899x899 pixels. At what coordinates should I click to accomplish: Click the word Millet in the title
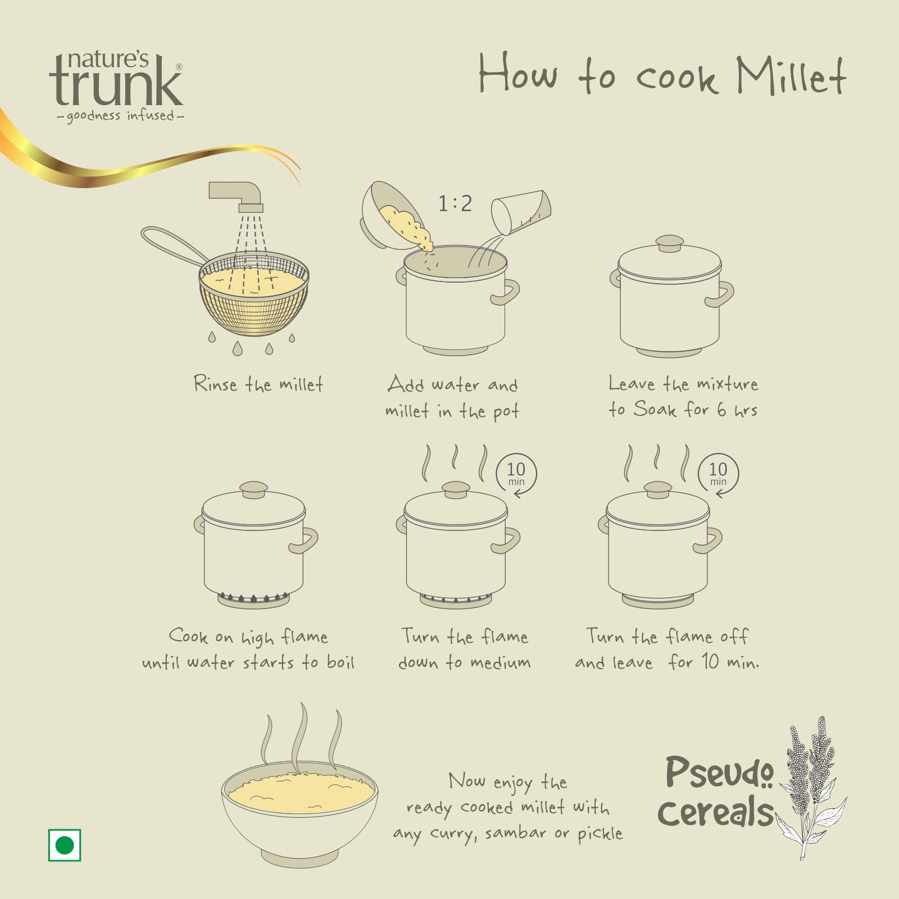coord(791,75)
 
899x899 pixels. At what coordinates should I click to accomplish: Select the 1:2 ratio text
coord(455,203)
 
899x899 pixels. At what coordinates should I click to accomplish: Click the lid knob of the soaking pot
coord(670,244)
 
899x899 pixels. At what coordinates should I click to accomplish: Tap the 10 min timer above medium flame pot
coord(516,474)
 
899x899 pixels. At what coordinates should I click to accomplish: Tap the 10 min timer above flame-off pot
coord(718,474)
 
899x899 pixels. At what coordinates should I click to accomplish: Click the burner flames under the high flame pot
coord(253,597)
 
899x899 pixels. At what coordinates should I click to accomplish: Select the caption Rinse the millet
coord(258,384)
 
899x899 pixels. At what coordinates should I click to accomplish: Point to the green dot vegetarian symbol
coord(65,844)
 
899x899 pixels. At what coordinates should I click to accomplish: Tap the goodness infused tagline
coord(116,116)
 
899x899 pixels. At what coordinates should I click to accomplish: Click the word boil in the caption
coord(340,662)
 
